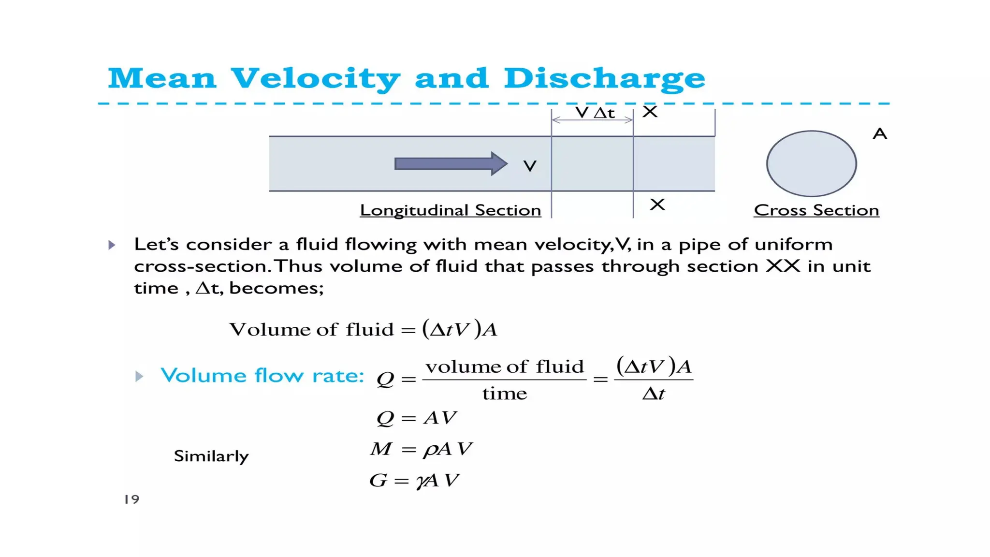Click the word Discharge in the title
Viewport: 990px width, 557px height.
click(x=604, y=78)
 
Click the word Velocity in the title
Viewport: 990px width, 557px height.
click(x=315, y=78)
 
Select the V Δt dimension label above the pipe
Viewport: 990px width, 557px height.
click(x=595, y=113)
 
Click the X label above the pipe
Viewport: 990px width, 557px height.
click(x=650, y=112)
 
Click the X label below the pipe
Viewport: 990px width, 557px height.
click(x=657, y=205)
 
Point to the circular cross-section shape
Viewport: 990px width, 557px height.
click(x=811, y=163)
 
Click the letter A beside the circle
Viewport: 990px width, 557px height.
click(x=879, y=134)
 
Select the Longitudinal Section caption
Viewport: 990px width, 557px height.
click(x=450, y=210)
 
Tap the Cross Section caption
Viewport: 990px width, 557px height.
click(x=816, y=210)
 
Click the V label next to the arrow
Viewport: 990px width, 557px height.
click(x=530, y=166)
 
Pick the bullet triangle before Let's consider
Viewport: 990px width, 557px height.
click(x=112, y=245)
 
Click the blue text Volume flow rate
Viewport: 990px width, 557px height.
click(x=262, y=376)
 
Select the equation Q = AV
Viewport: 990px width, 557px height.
click(x=416, y=418)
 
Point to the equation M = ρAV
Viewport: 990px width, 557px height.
click(x=421, y=449)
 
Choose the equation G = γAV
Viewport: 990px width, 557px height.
click(x=414, y=481)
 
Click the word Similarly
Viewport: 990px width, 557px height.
click(x=211, y=456)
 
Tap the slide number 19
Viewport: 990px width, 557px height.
click(x=131, y=499)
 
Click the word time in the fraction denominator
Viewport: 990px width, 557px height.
click(x=504, y=394)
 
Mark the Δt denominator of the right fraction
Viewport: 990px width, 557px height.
click(x=653, y=394)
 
